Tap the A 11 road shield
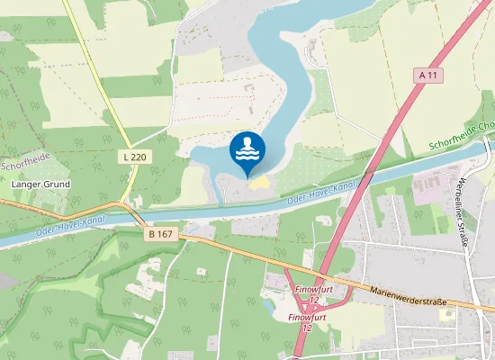pos(430,76)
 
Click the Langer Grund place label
pos(40,184)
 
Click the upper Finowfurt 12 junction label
pos(311,295)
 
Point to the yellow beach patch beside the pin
pos(259,184)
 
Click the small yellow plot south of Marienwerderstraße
pos(446,315)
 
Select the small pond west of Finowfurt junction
pos(269,304)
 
